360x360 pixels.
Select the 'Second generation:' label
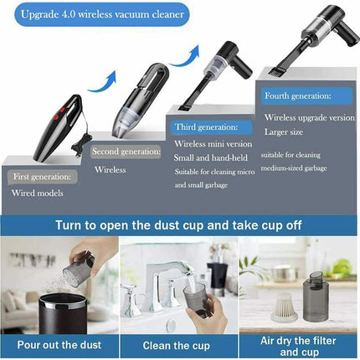click(126, 152)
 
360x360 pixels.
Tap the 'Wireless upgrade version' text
click(309, 118)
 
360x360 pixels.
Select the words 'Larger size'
click(284, 131)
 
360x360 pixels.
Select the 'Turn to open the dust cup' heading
click(179, 224)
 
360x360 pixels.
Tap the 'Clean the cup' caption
click(178, 345)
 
